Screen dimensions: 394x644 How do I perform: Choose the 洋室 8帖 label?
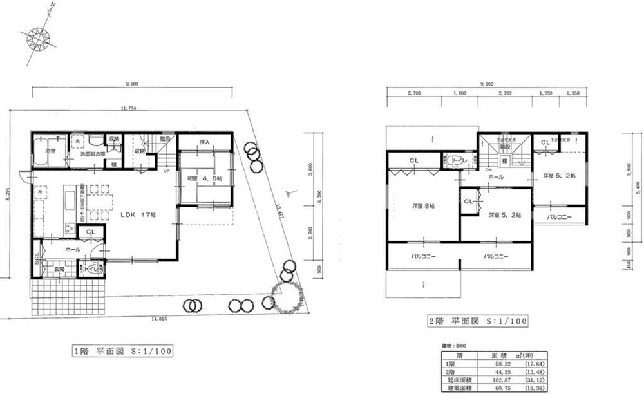pos(423,206)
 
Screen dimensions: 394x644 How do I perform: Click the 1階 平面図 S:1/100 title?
pos(123,352)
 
